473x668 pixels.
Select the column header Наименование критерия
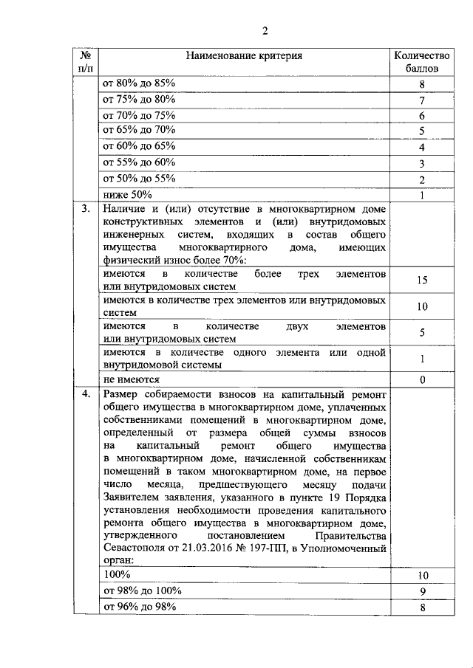click(244, 55)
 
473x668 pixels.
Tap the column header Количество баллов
click(421, 61)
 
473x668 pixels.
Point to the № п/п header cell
click(86, 61)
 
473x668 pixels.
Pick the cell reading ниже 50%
click(127, 195)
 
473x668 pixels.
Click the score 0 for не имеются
click(421, 379)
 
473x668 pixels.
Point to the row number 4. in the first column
click(86, 394)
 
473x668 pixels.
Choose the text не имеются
click(131, 379)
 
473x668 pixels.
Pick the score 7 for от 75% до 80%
click(421, 100)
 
